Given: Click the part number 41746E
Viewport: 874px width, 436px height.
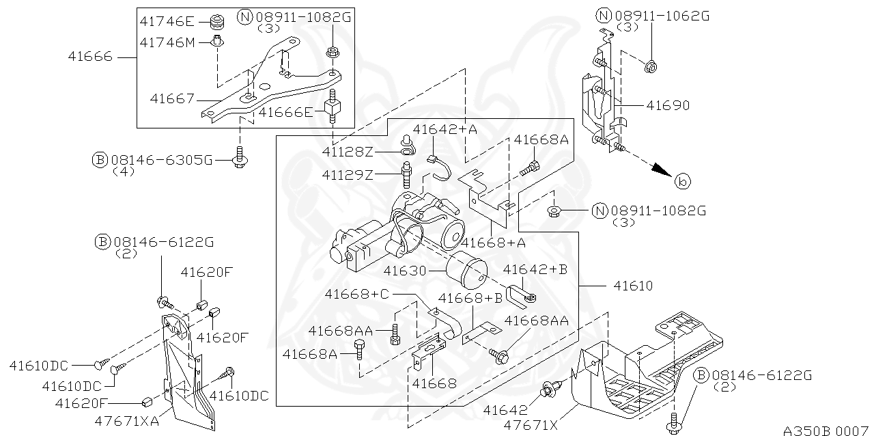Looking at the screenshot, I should (x=167, y=21).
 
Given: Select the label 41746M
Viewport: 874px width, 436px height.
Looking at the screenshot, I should (x=167, y=42).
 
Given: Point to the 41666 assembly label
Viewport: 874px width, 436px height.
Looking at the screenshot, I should (x=89, y=57).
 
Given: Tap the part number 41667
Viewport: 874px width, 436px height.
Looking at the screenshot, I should (x=172, y=99).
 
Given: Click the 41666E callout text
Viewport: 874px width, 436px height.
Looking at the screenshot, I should (x=285, y=112).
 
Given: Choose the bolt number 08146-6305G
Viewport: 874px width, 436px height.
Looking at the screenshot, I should (x=163, y=160).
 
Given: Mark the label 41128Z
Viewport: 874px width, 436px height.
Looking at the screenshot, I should (x=348, y=151).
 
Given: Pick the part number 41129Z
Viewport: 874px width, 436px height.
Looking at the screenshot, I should (x=348, y=175).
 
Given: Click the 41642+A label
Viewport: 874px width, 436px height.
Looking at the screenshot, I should (x=445, y=128).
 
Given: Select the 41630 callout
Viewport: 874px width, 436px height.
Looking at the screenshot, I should (x=405, y=271).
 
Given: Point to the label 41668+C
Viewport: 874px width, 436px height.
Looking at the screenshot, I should (x=356, y=294).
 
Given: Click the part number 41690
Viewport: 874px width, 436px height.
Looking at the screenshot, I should (x=668, y=106).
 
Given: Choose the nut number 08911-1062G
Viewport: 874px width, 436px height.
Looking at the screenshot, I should (x=662, y=16).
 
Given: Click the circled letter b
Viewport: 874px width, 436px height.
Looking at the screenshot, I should (x=682, y=182).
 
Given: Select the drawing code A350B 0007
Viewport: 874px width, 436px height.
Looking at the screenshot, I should (x=826, y=430).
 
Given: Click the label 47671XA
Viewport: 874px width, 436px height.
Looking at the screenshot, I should (x=126, y=420).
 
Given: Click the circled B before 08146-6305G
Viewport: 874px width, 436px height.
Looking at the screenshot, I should (x=100, y=160).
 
